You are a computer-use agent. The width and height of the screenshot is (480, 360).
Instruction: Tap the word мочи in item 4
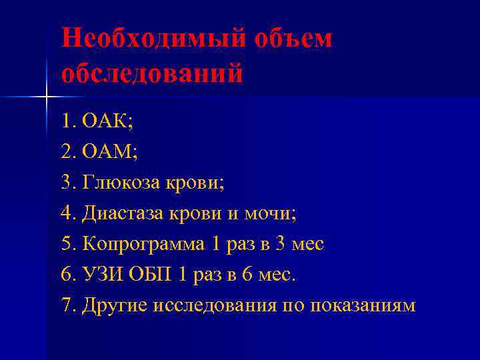[x=268, y=213]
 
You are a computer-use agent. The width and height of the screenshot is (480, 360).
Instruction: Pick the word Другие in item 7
[x=114, y=306]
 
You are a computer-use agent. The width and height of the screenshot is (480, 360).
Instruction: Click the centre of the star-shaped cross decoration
[x=46, y=97]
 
